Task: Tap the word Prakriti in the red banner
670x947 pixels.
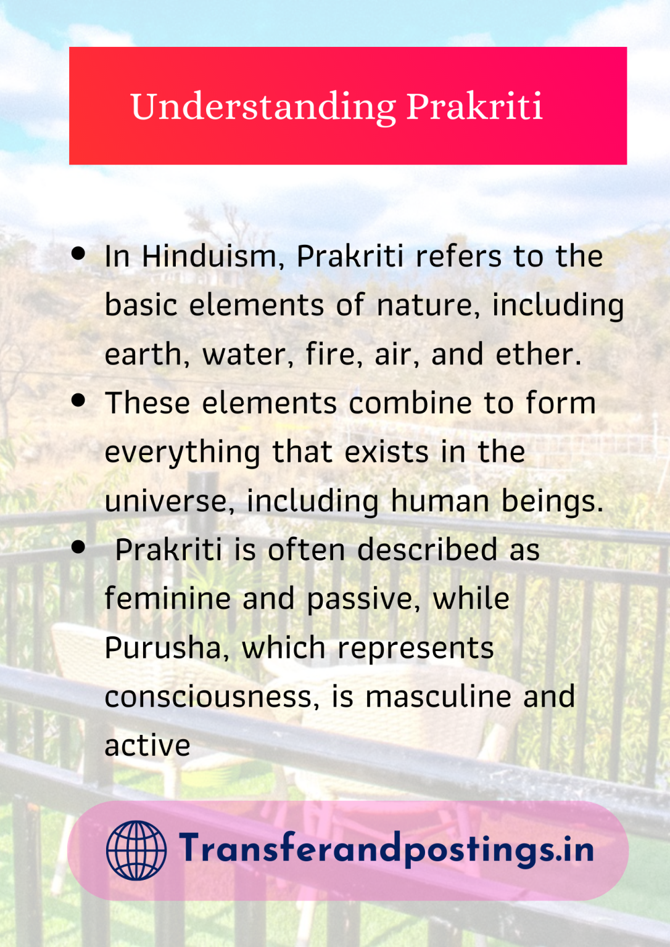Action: pos(474,106)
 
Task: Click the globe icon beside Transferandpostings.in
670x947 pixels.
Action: pos(136,850)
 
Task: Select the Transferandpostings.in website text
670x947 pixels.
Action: pos(386,849)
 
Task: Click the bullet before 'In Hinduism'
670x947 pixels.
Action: pos(78,253)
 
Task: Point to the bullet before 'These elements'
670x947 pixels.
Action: pos(78,400)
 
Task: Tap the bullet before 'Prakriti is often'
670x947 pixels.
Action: pos(78,547)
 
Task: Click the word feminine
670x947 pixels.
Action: pos(167,599)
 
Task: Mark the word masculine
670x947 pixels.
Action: pos(438,697)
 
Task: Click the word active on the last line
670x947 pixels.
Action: pos(147,746)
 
